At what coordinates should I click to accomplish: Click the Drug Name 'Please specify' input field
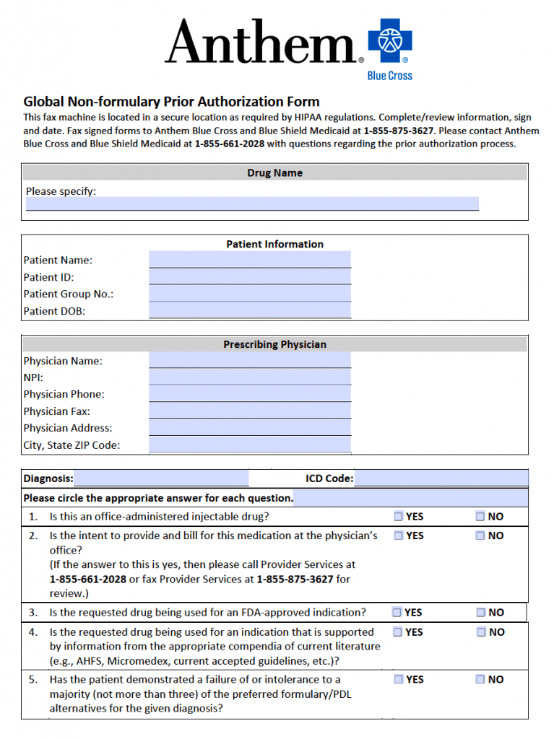252,204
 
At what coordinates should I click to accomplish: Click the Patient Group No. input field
249,294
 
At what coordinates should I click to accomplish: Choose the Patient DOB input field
249,311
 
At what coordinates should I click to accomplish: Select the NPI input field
249,377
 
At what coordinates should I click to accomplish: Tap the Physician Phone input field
249,394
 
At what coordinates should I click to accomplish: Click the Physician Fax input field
249,411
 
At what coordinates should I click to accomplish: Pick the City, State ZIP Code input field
249,445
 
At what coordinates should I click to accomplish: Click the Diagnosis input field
161,478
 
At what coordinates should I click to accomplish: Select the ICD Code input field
441,478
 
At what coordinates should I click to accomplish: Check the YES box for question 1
399,517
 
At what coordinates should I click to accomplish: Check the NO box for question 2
480,535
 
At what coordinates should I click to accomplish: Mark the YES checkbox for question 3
397,613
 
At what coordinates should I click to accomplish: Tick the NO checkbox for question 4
481,632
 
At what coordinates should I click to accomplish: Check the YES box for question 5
399,680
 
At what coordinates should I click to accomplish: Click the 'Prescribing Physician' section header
274,344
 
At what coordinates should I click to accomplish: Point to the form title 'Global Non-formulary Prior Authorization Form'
171,102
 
